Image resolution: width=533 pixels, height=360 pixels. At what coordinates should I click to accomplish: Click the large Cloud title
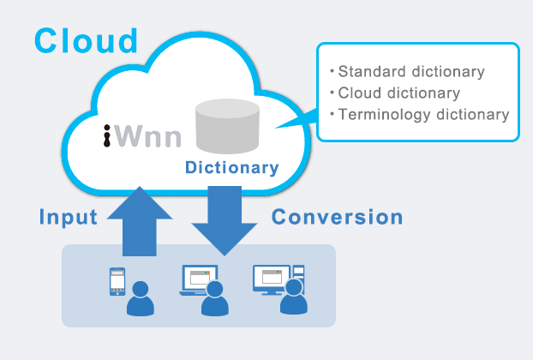[86, 39]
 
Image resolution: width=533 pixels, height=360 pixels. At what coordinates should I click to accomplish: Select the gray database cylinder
[227, 125]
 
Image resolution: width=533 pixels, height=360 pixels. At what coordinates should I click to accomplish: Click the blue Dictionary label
[232, 168]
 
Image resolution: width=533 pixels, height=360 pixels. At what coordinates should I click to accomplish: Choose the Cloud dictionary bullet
[394, 93]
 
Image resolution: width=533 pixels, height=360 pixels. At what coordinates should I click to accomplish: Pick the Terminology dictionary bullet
[419, 114]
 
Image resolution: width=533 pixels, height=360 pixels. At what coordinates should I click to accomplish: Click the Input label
[69, 217]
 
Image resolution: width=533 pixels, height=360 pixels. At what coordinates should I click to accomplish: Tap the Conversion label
[337, 217]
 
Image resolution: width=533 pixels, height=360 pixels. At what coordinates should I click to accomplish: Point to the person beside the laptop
[215, 300]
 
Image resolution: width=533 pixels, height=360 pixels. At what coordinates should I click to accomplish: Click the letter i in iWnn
[107, 136]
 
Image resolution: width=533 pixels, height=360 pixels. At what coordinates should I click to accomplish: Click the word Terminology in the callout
[382, 114]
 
